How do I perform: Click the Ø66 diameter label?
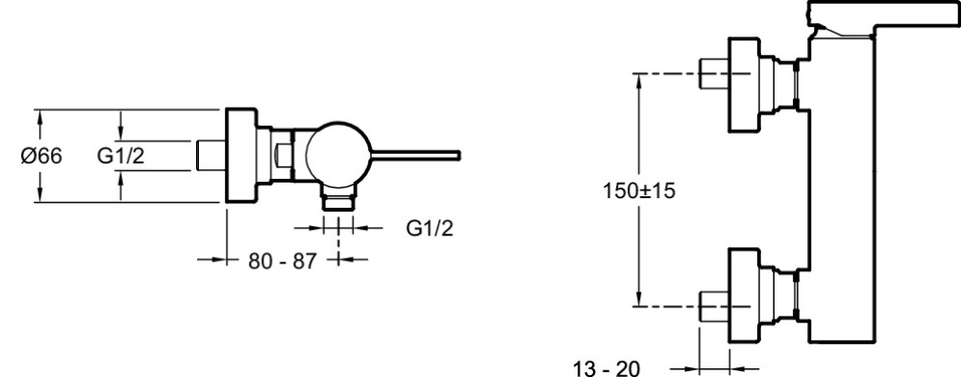41,157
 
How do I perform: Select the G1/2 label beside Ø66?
121,157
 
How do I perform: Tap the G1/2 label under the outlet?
430,229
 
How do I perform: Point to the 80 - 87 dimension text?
283,262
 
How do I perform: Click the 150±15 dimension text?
639,191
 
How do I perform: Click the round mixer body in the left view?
338,155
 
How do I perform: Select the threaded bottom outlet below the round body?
338,199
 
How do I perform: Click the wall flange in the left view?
241,156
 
